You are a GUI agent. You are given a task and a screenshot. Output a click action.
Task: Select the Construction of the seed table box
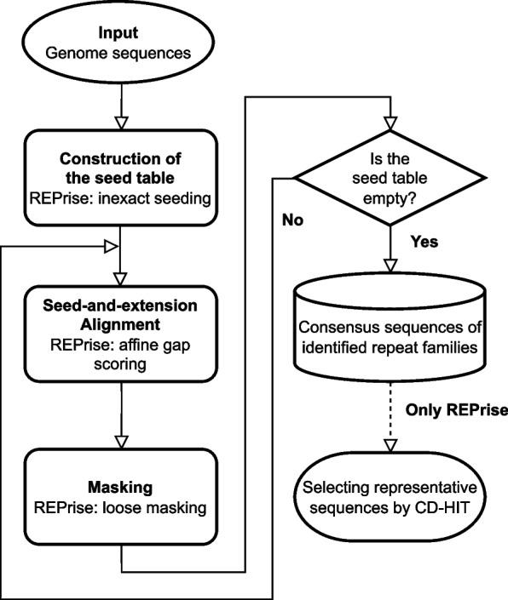coord(121,179)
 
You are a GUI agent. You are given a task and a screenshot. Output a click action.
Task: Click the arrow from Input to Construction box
coord(121,106)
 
